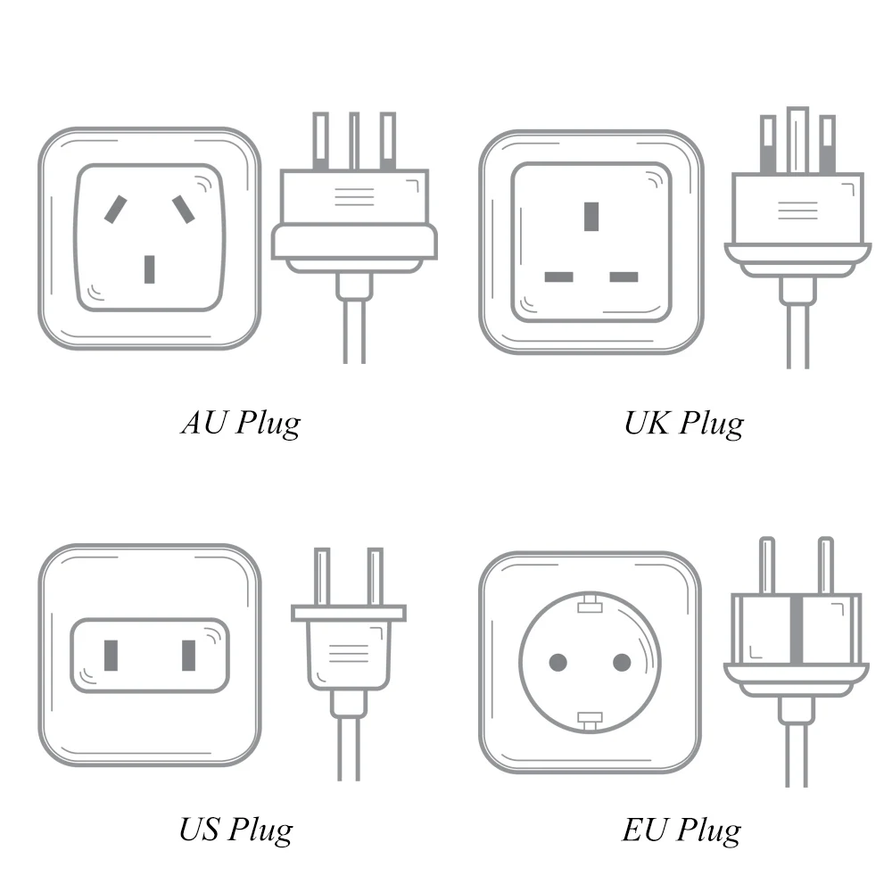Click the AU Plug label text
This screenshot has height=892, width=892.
pos(241,423)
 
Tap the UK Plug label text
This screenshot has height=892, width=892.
pos(684,423)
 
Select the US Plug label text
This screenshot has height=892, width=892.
pos(236,830)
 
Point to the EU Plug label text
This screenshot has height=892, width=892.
pos(681,830)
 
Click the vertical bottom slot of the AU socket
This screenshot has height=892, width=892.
pos(150,269)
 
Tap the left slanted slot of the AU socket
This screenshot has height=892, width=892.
pos(115,210)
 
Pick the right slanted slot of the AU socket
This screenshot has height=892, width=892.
pos(184,210)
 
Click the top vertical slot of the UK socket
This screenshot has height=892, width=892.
pos(591,216)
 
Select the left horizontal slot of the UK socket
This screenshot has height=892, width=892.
pos(558,277)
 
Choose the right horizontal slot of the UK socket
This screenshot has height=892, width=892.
pos(624,277)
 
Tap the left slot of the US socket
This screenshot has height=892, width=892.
pos(111,656)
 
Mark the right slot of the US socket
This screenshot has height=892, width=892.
pos(188,656)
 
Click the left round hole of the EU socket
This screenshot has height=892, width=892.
pos(558,662)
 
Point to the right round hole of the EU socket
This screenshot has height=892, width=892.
pos(622,662)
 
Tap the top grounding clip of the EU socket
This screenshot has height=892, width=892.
pos(590,604)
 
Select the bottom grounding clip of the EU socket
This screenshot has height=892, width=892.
pos(590,720)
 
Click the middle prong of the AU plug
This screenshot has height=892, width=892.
pos(354,141)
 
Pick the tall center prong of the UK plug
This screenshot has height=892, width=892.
pos(798,140)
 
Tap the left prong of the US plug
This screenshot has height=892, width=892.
pos(322,576)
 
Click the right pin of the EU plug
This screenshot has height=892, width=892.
pos(825,566)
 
